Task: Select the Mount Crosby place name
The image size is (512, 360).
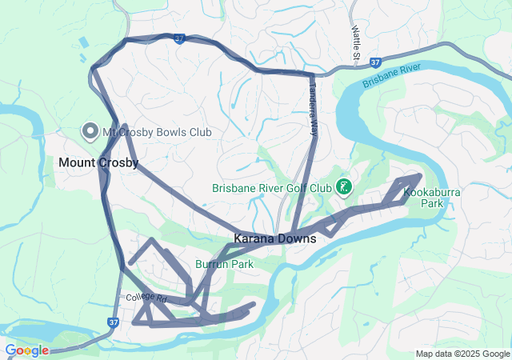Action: (x=98, y=162)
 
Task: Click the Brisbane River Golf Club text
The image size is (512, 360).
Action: (x=272, y=189)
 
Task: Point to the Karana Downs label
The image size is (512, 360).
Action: (x=274, y=238)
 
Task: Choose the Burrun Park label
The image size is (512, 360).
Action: (x=224, y=263)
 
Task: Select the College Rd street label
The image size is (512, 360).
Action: (x=146, y=298)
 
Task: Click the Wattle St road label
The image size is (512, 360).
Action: (x=356, y=41)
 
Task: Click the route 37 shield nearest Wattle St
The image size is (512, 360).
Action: (x=376, y=62)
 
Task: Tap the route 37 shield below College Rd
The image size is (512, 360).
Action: (x=113, y=322)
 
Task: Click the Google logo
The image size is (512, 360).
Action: (x=26, y=350)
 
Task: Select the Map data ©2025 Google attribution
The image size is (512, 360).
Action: (x=462, y=354)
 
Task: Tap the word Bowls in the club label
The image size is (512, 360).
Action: (x=157, y=131)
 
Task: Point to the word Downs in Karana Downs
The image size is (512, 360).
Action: (x=298, y=238)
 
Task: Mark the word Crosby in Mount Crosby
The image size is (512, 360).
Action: (x=118, y=162)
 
